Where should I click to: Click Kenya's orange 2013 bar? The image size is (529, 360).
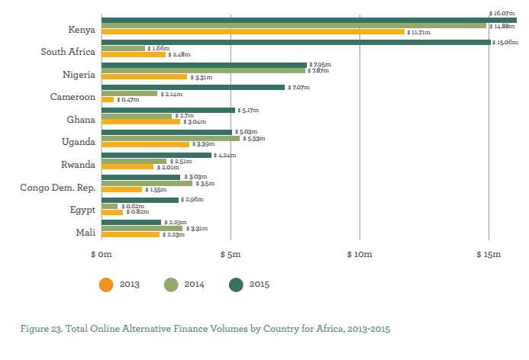click(x=252, y=32)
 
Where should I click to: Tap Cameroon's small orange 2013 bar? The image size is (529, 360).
click(x=108, y=99)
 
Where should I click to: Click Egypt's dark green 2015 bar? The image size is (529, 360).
click(x=140, y=200)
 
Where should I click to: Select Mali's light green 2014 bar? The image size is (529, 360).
click(x=142, y=228)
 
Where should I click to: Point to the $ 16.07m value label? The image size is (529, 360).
click(x=502, y=13)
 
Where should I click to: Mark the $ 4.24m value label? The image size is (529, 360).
click(x=225, y=156)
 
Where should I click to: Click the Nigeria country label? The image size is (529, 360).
click(x=78, y=75)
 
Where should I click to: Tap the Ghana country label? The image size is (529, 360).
click(x=80, y=120)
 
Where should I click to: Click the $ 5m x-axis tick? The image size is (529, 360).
click(x=231, y=254)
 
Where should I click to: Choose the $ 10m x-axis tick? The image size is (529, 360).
click(x=359, y=254)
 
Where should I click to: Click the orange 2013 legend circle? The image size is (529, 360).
click(x=106, y=284)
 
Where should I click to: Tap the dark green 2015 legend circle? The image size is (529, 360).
click(x=237, y=284)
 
